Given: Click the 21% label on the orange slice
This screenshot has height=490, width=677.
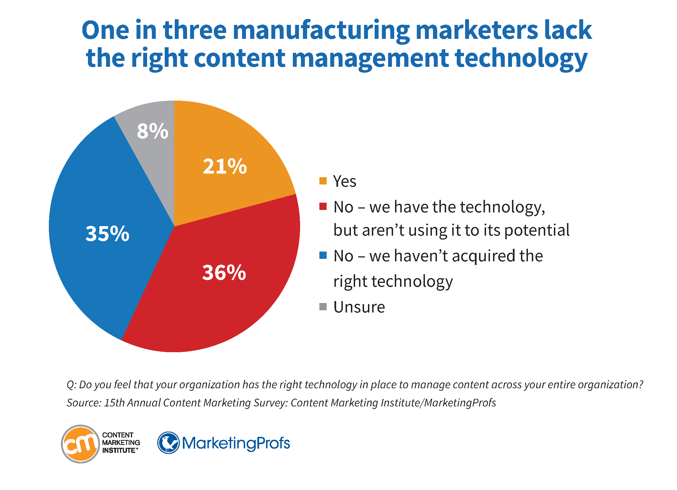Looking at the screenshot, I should tap(225, 166).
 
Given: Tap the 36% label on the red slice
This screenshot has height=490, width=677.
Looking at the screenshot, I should tap(224, 273).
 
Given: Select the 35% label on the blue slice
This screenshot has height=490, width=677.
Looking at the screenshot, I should tap(107, 233).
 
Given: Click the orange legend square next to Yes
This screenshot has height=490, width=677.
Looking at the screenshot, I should tap(323, 181).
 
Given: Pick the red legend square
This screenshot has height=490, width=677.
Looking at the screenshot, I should tap(323, 207).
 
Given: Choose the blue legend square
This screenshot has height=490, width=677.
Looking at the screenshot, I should tap(323, 255).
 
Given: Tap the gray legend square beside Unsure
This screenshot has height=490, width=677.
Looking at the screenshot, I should tap(323, 307).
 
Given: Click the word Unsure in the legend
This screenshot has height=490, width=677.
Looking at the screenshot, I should tap(359, 307).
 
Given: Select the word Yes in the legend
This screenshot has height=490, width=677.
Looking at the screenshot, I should tap(345, 181).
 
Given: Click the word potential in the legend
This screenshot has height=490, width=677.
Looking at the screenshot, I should tap(537, 230).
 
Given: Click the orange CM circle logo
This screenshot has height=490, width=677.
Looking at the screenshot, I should tap(80, 444).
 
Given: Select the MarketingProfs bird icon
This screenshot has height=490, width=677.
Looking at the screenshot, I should tap(168, 443).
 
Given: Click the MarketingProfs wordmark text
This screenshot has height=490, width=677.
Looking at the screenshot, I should tap(236, 443).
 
